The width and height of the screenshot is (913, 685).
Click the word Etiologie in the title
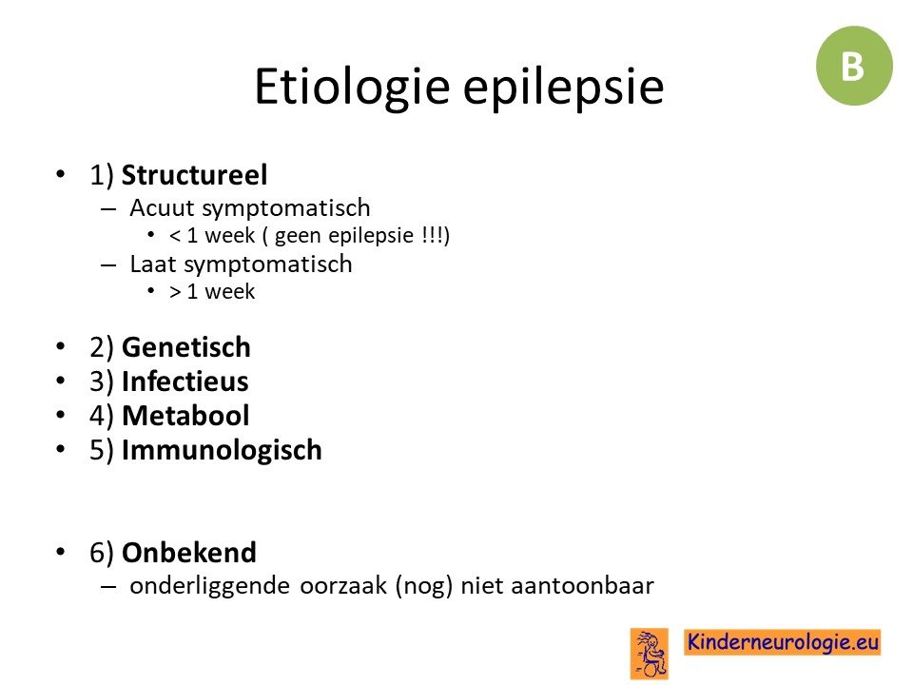(352, 87)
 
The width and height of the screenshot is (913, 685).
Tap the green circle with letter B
(854, 66)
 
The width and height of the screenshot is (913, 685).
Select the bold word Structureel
(194, 175)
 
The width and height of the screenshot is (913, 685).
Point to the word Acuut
(162, 208)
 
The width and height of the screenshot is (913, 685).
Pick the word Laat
(152, 264)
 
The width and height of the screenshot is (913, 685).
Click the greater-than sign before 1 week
(175, 292)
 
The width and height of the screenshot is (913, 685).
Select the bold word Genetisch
(186, 347)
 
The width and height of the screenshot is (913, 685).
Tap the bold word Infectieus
(185, 382)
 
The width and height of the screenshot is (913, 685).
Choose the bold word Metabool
(185, 416)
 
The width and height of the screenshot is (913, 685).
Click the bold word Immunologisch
(222, 450)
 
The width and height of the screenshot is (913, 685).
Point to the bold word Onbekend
(189, 553)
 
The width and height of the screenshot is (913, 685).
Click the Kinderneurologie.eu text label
(783, 642)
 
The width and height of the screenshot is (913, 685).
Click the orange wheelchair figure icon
(650, 654)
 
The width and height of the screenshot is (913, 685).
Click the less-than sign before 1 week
(175, 236)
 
